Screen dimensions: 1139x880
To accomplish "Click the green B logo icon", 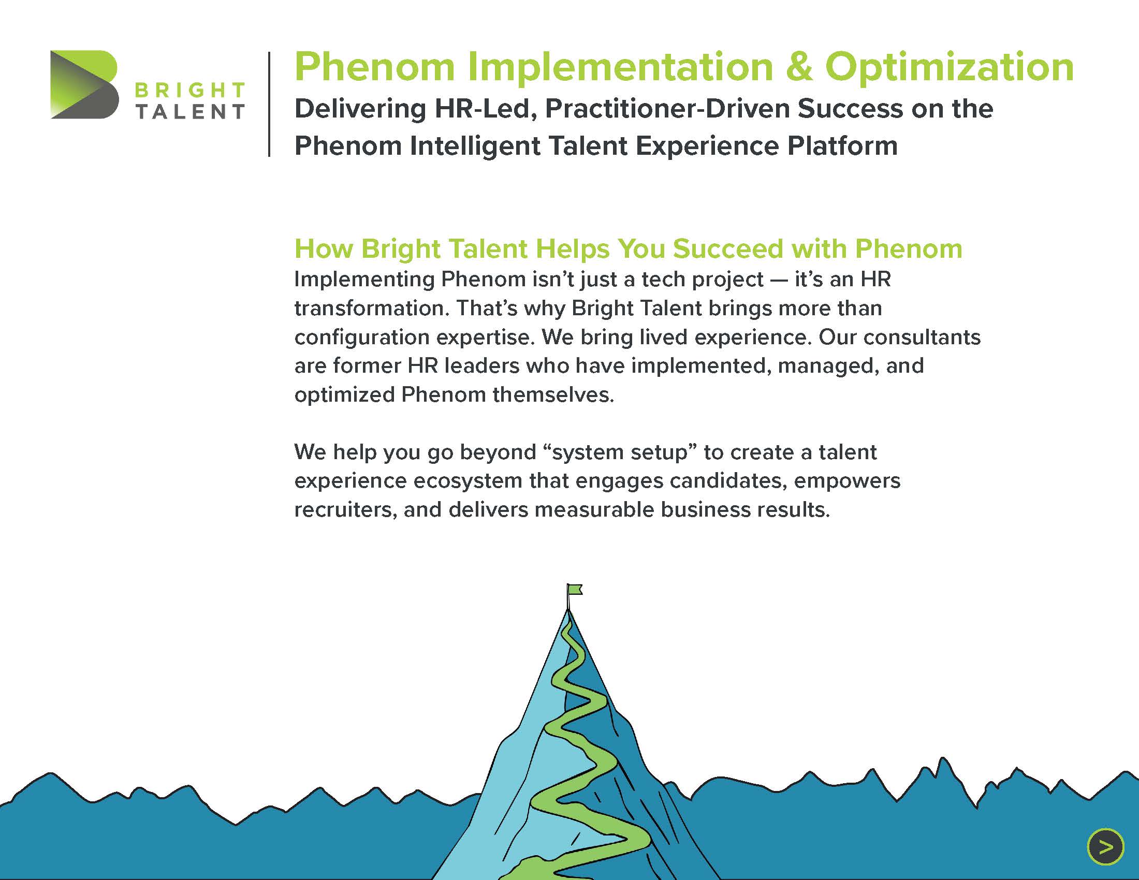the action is pyautogui.click(x=84, y=84).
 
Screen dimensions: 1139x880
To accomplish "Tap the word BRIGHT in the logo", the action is pyautogui.click(x=190, y=90).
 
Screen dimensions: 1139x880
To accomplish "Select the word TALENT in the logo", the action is pyautogui.click(x=190, y=112).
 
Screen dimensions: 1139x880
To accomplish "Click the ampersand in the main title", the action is pyautogui.click(x=798, y=67).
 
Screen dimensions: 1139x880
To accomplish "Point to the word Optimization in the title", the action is pyautogui.click(x=949, y=68).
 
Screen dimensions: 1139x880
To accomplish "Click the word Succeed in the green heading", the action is pyautogui.click(x=727, y=248).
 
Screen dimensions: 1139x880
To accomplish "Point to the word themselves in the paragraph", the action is pyautogui.click(x=553, y=394).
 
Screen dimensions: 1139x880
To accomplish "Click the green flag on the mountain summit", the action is pyautogui.click(x=575, y=589).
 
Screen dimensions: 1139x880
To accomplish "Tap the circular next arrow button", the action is pyautogui.click(x=1105, y=847).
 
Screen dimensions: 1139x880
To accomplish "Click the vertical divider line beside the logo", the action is pyautogui.click(x=269, y=104).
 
